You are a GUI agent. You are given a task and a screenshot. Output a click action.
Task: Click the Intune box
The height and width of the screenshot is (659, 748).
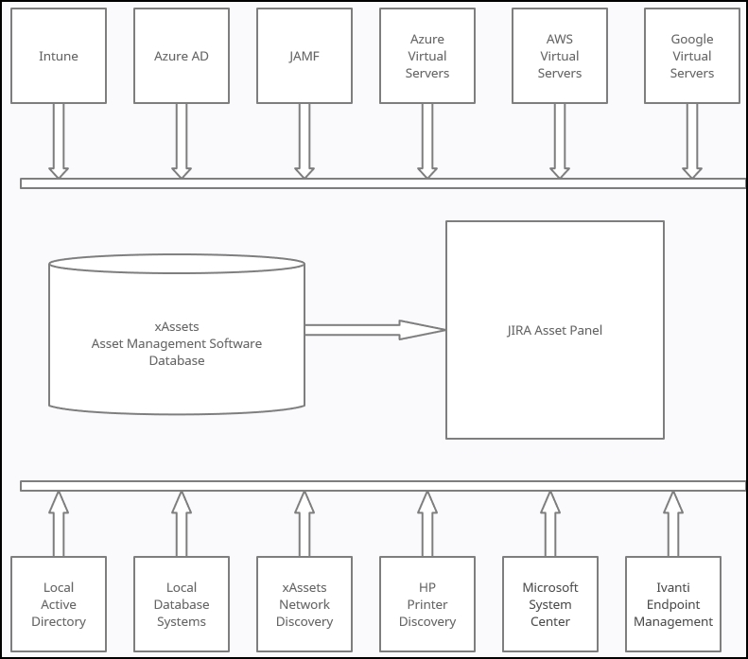59,56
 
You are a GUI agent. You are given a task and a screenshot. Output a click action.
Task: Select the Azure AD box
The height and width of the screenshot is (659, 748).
182,56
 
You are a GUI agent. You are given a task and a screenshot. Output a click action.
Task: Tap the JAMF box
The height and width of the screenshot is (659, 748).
304,56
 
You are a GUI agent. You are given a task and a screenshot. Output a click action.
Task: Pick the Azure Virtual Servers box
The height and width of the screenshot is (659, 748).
427,56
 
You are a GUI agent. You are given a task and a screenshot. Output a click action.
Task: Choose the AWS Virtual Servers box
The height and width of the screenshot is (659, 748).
560,56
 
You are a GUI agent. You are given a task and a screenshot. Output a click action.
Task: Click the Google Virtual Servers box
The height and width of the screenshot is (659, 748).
692,56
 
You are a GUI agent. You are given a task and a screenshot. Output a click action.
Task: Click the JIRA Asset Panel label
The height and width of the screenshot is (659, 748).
554,330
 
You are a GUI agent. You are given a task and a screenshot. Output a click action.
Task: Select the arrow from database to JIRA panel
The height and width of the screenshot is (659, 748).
374,330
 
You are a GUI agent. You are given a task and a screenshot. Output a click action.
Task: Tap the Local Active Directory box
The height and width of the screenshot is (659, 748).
59,604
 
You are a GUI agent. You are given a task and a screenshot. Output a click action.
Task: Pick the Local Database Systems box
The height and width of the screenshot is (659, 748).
182,604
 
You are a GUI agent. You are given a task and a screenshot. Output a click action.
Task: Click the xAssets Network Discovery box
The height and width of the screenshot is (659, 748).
304,604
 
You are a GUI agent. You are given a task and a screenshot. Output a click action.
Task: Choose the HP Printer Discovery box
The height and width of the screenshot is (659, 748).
427,604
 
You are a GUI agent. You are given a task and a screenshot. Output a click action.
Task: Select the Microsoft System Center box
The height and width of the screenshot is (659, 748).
550,604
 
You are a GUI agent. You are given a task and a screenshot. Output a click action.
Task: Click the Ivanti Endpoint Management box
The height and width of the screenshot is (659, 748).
673,604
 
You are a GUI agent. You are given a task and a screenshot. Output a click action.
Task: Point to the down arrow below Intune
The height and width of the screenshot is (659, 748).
59,140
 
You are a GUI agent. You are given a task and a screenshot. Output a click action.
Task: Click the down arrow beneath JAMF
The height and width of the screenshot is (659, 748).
304,140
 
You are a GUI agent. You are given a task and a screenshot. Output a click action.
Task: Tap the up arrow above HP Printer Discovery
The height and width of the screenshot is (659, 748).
427,524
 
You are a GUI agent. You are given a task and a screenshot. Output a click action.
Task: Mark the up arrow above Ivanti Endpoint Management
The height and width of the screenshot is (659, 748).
673,524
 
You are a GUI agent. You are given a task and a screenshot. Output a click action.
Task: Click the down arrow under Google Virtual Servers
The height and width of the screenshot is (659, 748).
692,140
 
